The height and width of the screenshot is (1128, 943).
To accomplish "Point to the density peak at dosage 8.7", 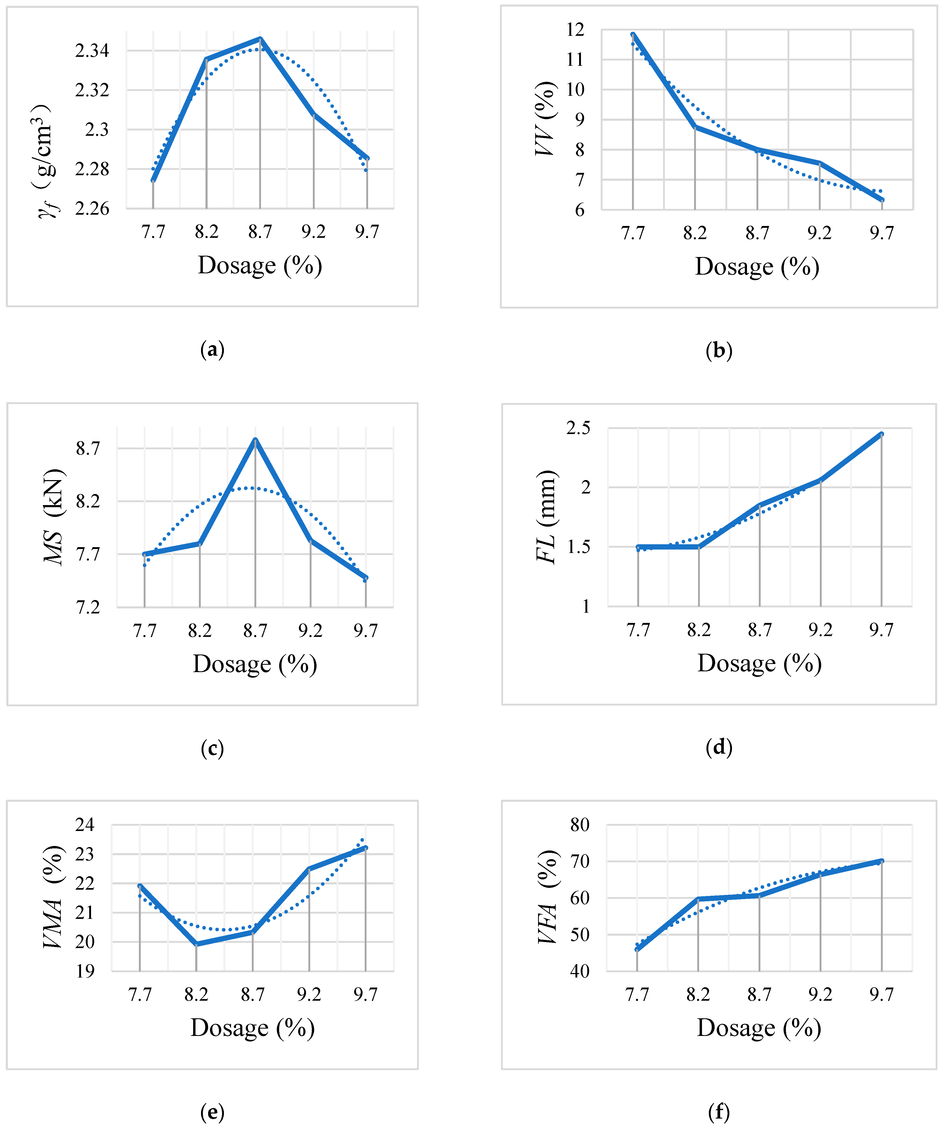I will (260, 39).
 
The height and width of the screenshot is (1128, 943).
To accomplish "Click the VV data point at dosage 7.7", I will (633, 35).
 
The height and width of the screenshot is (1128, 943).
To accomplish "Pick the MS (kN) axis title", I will (54, 517).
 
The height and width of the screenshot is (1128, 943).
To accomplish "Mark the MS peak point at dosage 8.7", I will (255, 440).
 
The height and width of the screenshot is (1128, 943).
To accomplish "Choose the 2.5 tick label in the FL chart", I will (578, 428).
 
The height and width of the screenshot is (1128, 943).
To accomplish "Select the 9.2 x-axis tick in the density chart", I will (313, 232).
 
